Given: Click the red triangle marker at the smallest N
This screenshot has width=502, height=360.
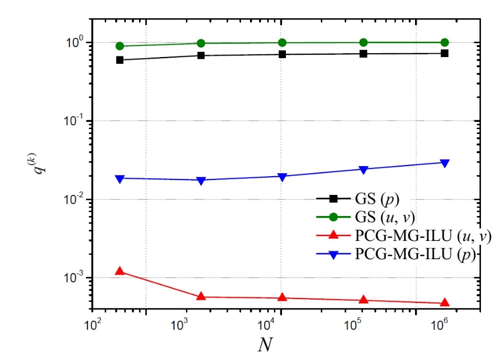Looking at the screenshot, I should click(120, 271).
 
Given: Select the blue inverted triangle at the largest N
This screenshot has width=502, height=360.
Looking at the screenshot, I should click(444, 163).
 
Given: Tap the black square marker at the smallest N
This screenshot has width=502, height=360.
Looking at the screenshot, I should click(120, 60).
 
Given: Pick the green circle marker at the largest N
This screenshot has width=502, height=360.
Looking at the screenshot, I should click(444, 42).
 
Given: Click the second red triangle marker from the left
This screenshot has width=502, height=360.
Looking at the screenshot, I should click(201, 296).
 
